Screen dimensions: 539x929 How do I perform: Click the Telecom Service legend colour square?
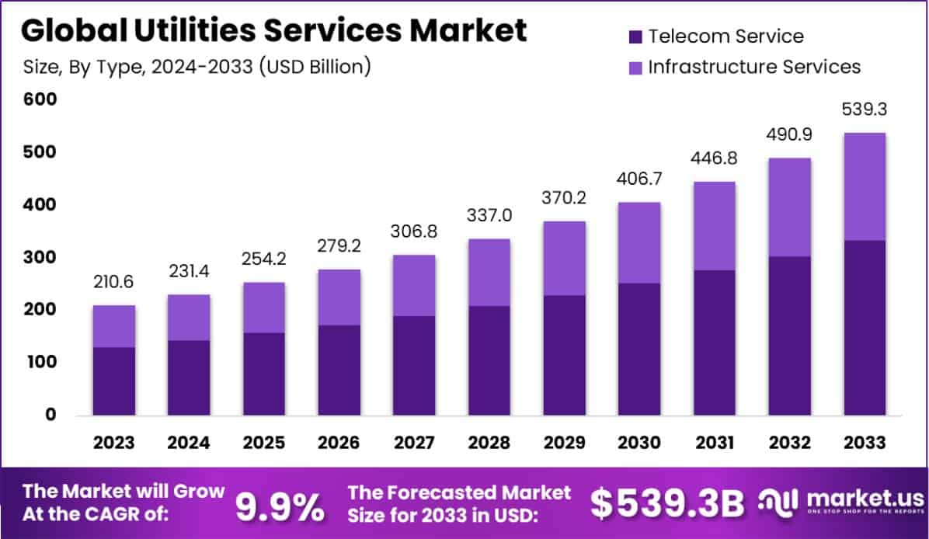point(635,37)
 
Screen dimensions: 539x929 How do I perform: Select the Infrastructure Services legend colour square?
point(635,68)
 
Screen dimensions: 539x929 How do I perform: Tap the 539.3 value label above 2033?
point(865,110)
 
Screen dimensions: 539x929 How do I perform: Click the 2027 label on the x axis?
point(414,443)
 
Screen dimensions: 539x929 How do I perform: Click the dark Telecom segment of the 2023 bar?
point(113,381)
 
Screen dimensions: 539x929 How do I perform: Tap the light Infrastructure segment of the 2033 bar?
point(865,186)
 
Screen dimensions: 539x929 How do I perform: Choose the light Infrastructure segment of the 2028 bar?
point(489,272)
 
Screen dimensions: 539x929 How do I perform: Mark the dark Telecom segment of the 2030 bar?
point(639,349)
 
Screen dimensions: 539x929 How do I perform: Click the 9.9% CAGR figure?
point(280,506)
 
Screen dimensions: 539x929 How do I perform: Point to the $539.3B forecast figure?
point(667,504)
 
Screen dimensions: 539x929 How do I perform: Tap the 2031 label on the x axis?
point(714,443)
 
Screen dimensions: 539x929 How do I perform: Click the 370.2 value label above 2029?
point(564,199)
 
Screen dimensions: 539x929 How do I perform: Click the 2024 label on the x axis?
point(189,443)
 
